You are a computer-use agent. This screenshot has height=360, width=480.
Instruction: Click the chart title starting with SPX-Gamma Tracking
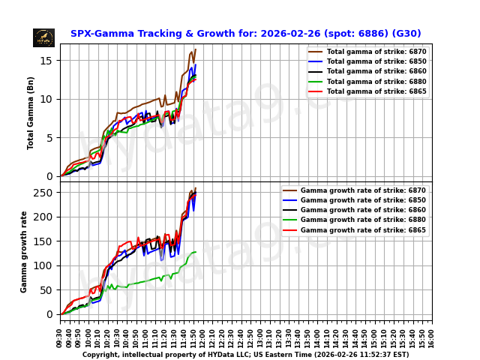click(245, 34)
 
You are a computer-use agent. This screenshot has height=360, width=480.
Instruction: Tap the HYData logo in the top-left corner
click(43, 37)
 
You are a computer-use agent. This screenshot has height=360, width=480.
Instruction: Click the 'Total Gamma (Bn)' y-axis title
click(31, 112)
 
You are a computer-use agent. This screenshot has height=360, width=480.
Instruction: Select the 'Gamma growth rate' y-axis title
click(24, 251)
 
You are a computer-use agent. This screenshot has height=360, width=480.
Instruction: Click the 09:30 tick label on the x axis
click(61, 337)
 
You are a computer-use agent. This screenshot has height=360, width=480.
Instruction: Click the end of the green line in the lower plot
click(196, 252)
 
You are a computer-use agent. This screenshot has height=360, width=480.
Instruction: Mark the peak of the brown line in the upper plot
click(195, 49)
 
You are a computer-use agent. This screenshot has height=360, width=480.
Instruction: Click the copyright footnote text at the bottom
click(245, 355)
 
